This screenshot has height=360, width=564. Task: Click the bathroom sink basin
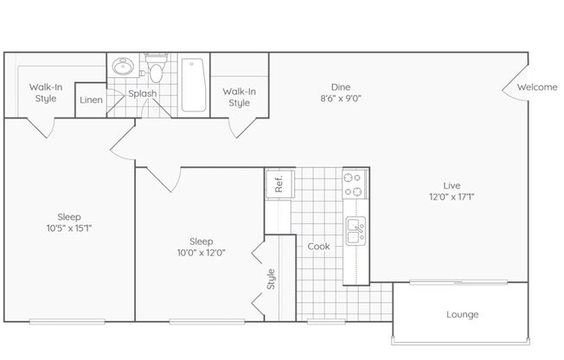(123, 67)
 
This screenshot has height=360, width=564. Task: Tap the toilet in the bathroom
(156, 67)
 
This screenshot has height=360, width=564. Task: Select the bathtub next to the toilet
(194, 85)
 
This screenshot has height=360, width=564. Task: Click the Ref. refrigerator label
(279, 183)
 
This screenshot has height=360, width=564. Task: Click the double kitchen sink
(356, 231)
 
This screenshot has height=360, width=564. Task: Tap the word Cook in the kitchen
(318, 247)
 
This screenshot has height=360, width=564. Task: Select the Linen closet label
(91, 100)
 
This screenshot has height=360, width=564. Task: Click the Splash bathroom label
(143, 93)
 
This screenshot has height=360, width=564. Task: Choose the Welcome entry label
(537, 87)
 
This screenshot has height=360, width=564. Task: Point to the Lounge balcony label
(462, 314)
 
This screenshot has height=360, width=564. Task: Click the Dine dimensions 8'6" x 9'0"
(341, 99)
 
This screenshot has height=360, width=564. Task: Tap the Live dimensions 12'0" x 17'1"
(452, 197)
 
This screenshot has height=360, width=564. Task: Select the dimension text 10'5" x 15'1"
(69, 228)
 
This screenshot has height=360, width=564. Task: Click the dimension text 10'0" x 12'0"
(201, 253)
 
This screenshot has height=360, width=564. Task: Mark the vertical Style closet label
(271, 279)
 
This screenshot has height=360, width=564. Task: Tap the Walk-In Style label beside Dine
(240, 97)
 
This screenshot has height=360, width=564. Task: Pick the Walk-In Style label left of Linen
(46, 93)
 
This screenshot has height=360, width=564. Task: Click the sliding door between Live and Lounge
(458, 282)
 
